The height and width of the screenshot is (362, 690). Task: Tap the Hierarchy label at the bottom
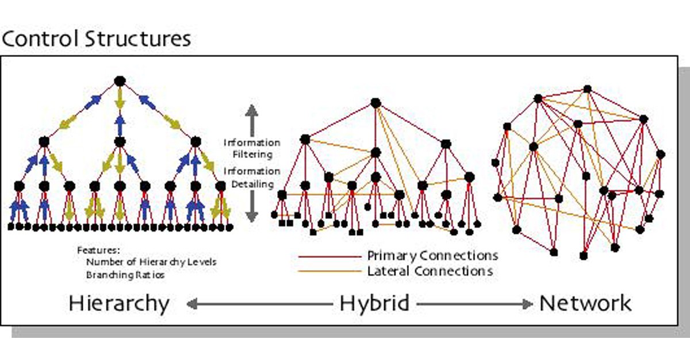tap(119, 303)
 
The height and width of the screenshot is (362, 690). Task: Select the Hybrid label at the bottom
tap(374, 303)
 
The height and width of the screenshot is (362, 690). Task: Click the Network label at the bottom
tap(585, 303)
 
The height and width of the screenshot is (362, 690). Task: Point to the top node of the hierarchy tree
tap(120, 80)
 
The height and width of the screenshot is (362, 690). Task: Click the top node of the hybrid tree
tap(375, 103)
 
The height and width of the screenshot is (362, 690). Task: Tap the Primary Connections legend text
tap(432, 255)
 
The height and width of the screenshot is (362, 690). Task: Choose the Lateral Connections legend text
tap(430, 271)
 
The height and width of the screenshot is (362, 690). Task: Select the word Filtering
tap(252, 154)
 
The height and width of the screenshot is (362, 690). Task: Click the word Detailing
tap(252, 184)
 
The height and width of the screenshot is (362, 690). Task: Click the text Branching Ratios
tap(125, 275)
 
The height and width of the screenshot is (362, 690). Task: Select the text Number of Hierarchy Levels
tap(152, 262)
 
